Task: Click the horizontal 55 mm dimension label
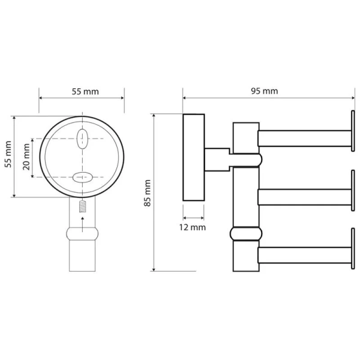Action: (x=85, y=92)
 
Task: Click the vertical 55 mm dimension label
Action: (x=8, y=154)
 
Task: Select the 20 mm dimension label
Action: (x=26, y=157)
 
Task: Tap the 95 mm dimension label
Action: (x=264, y=91)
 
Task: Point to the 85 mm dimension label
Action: (x=147, y=193)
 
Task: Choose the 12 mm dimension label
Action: (x=193, y=227)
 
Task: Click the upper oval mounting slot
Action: (x=82, y=139)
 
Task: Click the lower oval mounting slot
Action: (x=82, y=178)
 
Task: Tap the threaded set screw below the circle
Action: (x=82, y=206)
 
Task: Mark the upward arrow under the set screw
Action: (x=82, y=224)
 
